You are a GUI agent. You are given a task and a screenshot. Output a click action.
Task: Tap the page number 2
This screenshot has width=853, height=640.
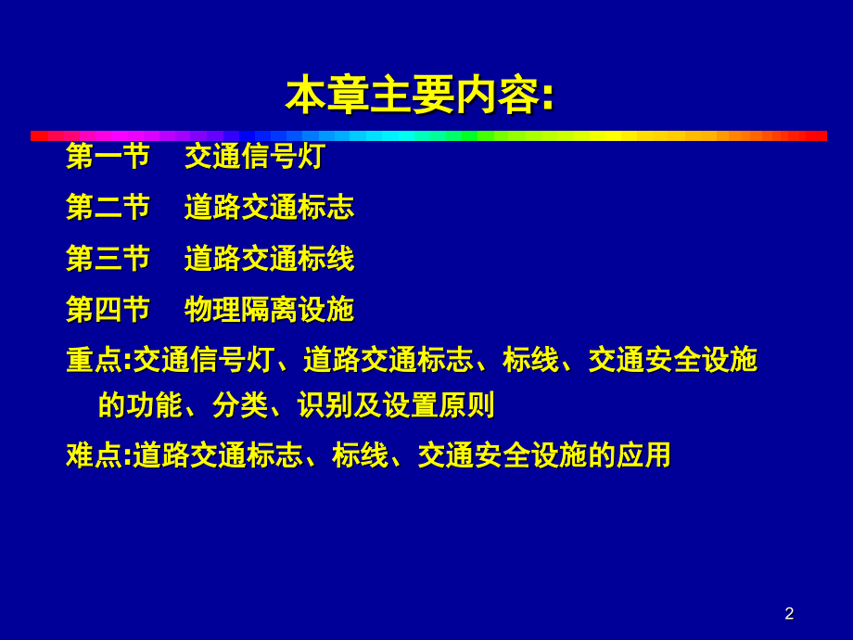pos(789,613)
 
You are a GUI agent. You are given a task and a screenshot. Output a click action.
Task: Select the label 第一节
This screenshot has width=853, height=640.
pos(108,156)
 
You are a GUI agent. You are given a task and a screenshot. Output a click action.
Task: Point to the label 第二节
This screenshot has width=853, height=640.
pos(108,208)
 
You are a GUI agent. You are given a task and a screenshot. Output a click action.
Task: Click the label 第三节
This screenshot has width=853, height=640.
pos(108,259)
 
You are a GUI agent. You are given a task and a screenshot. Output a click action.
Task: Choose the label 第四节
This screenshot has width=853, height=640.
pos(108,310)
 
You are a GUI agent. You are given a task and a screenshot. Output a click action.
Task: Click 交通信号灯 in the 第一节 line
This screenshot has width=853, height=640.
pos(255,156)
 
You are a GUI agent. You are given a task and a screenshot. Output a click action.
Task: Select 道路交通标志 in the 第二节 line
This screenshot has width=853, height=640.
pos(269,208)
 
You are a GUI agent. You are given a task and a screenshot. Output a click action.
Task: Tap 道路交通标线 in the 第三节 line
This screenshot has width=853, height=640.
pos(269,259)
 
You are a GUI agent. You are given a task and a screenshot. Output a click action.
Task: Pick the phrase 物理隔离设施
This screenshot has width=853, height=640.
pos(269,310)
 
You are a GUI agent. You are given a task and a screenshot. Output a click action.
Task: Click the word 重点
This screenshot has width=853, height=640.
pos(95,360)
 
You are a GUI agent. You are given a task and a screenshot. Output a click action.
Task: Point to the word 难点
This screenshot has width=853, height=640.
pos(95,455)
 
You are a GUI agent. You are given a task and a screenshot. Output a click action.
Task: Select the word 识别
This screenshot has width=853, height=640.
pos(325,405)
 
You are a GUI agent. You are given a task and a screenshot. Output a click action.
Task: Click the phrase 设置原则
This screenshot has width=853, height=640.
pos(439,405)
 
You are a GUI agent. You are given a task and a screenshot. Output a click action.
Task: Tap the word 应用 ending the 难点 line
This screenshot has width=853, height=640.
pos(643,455)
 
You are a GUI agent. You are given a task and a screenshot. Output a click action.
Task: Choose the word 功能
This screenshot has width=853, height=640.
pos(155,405)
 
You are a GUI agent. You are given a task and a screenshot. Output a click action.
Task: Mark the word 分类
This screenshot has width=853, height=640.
pos(240,405)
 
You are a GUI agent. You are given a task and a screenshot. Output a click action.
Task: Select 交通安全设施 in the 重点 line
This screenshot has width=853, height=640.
pos(673,360)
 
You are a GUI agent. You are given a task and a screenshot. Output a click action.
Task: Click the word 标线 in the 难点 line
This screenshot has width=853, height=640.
pos(360,455)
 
